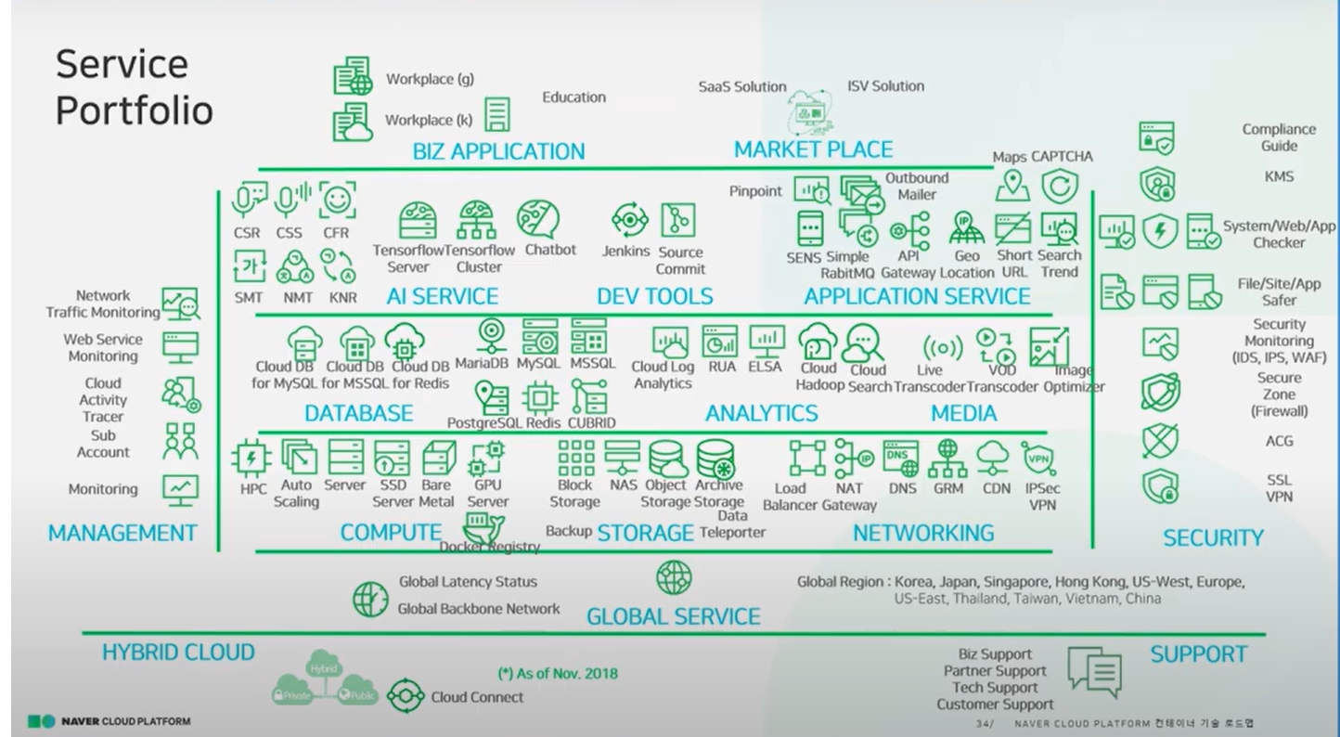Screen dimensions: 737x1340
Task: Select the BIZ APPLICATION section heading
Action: pos(498,151)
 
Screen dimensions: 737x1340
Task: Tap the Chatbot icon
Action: pos(537,219)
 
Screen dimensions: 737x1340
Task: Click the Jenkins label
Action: pos(625,252)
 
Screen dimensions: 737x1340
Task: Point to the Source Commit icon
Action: pos(677,220)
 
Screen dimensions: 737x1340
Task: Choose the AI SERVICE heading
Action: pos(442,296)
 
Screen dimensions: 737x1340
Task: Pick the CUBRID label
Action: pos(591,423)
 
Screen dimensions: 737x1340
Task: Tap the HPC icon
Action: pos(251,458)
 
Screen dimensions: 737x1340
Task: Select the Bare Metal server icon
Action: pos(437,458)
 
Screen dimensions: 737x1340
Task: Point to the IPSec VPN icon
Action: pos(1037,457)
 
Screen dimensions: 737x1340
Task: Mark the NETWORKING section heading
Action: pos(922,533)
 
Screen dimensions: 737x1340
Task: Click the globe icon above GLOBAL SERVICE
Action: pos(674,578)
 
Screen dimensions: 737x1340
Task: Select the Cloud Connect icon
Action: pos(406,696)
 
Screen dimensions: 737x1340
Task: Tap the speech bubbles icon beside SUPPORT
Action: pos(1095,670)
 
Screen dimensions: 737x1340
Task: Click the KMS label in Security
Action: pos(1278,176)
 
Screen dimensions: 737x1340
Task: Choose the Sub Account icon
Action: pos(180,442)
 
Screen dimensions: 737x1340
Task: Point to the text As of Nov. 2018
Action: pos(557,673)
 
